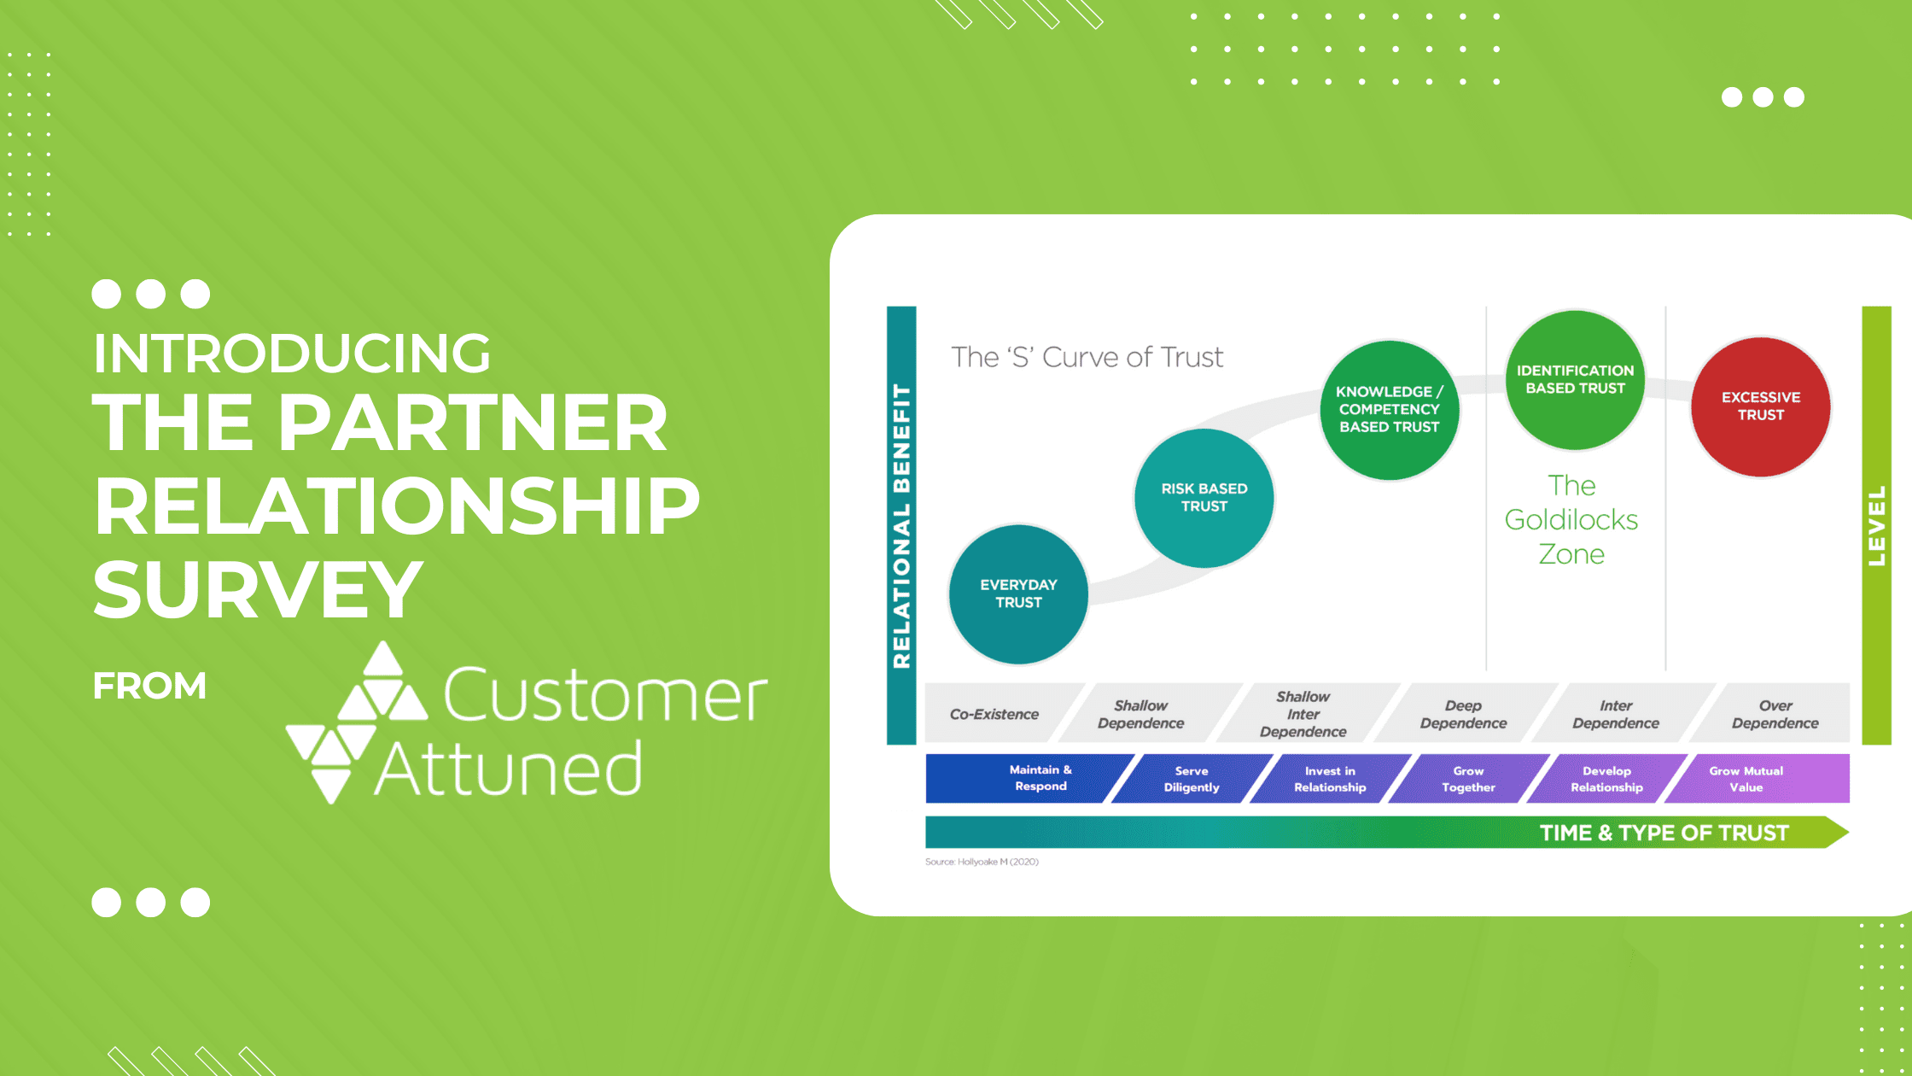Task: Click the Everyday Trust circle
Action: click(x=1018, y=594)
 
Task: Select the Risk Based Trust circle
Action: click(x=1204, y=498)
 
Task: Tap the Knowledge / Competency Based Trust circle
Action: click(x=1390, y=410)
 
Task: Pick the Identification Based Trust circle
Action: click(x=1575, y=380)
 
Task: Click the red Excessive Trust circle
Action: click(x=1761, y=406)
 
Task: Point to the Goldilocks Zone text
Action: click(x=1571, y=519)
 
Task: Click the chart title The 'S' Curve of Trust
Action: click(x=1087, y=357)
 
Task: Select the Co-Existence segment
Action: click(x=994, y=714)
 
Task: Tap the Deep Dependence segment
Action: click(x=1463, y=714)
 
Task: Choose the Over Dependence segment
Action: click(x=1775, y=714)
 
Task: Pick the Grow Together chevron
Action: click(x=1468, y=778)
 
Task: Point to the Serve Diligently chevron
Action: click(x=1192, y=778)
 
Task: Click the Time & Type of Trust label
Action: click(x=1664, y=833)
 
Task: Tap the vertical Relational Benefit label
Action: click(x=901, y=526)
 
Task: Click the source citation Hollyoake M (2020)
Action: click(x=982, y=862)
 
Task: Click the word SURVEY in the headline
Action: click(x=258, y=589)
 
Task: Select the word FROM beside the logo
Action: click(x=149, y=686)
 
